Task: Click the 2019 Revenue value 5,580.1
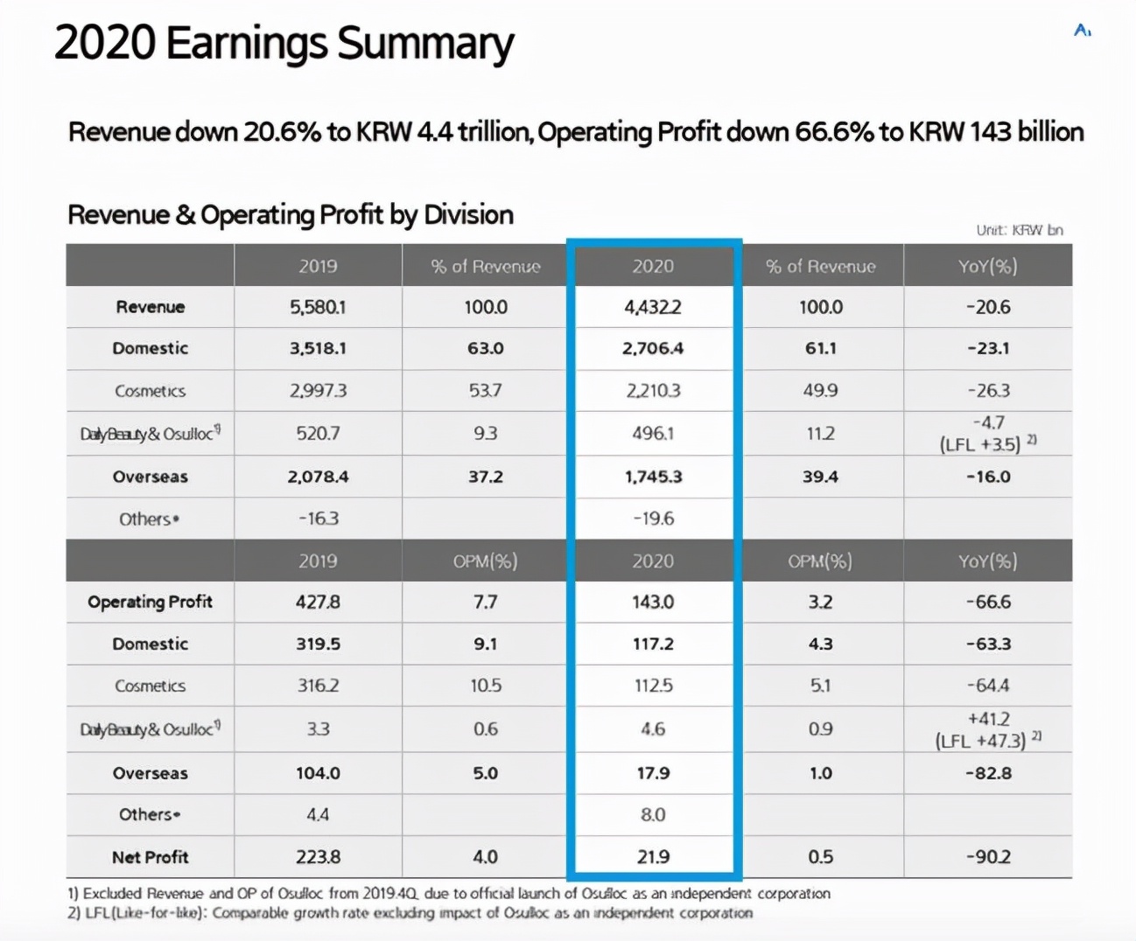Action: pyautogui.click(x=318, y=307)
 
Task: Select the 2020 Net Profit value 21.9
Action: pyautogui.click(x=653, y=857)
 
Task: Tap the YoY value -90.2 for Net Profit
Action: pyautogui.click(x=988, y=857)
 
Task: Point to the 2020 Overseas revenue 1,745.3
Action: pyautogui.click(x=653, y=477)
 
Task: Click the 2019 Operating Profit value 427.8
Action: pyautogui.click(x=318, y=602)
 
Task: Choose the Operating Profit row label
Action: pyautogui.click(x=150, y=602)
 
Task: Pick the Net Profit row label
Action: pyautogui.click(x=150, y=857)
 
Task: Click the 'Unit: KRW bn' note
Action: pyautogui.click(x=1020, y=230)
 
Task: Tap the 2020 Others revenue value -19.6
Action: pyautogui.click(x=653, y=519)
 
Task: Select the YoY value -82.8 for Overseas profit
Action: pyautogui.click(x=988, y=773)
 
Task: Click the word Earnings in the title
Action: pyautogui.click(x=247, y=44)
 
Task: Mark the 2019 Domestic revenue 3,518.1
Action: pyautogui.click(x=318, y=348)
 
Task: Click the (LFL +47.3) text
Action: pyautogui.click(x=980, y=742)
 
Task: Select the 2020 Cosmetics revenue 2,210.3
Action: pyautogui.click(x=653, y=390)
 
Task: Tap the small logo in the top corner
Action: pyautogui.click(x=1083, y=31)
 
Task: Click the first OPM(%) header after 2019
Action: pyautogui.click(x=485, y=561)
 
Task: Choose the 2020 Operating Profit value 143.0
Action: pyautogui.click(x=653, y=602)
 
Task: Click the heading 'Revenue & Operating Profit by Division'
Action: pyautogui.click(x=291, y=214)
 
